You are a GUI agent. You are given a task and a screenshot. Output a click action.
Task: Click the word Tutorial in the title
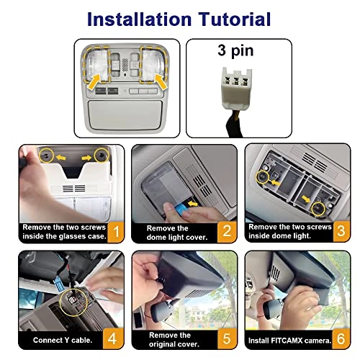pyautogui.click(x=235, y=19)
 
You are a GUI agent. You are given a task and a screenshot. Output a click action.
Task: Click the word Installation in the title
pyautogui.click(x=139, y=19)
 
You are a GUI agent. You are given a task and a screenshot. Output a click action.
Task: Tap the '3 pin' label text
pyautogui.click(x=235, y=51)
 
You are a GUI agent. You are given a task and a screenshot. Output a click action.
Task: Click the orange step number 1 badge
pyautogui.click(x=116, y=232)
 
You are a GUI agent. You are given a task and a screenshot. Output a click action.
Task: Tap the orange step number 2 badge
pyautogui.click(x=227, y=232)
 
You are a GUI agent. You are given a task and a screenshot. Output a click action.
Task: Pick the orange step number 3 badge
pyautogui.click(x=341, y=231)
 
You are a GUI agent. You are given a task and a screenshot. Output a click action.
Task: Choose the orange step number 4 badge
pyautogui.click(x=113, y=338)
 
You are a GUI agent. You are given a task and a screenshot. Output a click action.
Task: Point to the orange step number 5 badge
pyautogui.click(x=227, y=338)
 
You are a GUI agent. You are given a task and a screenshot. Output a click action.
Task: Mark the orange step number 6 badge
pyautogui.click(x=341, y=338)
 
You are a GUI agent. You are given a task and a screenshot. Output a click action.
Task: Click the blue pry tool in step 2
pyautogui.click(x=181, y=209)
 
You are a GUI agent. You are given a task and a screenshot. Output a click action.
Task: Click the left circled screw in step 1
pyautogui.click(x=46, y=156)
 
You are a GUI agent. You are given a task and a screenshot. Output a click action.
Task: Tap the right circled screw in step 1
pyautogui.click(x=102, y=155)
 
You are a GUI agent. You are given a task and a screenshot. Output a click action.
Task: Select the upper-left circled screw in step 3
pyautogui.click(x=263, y=177)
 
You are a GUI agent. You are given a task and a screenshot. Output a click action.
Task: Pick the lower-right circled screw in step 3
pyautogui.click(x=318, y=209)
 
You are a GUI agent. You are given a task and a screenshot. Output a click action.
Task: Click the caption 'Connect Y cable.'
pyautogui.click(x=63, y=340)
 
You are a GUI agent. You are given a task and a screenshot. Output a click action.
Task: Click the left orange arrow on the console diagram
pyautogui.click(x=94, y=82)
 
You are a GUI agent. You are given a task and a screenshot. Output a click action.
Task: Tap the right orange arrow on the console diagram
pyautogui.click(x=161, y=82)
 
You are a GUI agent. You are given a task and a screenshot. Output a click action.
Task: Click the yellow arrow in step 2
pyautogui.click(x=193, y=204)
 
